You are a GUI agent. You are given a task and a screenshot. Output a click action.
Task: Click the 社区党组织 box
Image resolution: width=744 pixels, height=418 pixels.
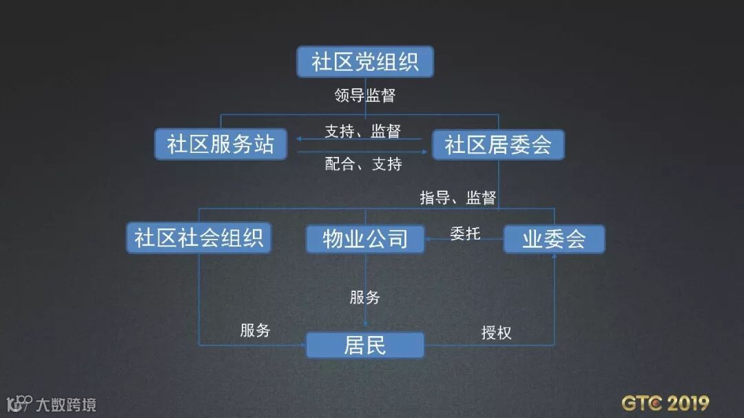[x=365, y=63]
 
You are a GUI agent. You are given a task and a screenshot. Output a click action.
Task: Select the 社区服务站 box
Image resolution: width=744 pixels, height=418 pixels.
[x=220, y=145]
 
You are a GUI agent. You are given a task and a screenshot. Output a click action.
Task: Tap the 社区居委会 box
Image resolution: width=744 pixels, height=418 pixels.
[x=497, y=145]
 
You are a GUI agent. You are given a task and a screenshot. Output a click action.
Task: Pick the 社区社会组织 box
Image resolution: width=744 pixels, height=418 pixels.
[x=199, y=238]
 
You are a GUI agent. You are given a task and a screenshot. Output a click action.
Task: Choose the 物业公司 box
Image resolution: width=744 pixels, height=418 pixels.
[x=365, y=239]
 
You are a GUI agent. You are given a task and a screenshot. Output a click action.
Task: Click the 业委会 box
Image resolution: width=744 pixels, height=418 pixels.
[x=554, y=239]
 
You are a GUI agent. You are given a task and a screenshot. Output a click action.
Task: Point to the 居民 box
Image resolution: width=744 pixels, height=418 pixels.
[x=365, y=345]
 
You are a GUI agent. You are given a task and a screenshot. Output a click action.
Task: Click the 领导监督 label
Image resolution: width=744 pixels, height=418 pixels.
[x=365, y=96]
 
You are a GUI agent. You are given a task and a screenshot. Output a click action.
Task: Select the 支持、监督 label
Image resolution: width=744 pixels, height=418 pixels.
[x=362, y=131]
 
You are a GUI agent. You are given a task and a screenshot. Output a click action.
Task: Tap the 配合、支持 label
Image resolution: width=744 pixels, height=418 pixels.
[x=363, y=164]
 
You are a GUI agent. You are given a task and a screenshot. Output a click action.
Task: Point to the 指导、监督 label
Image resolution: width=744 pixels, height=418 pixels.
[x=458, y=198]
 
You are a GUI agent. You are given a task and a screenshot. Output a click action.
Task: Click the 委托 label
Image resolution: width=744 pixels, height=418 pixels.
[x=465, y=233]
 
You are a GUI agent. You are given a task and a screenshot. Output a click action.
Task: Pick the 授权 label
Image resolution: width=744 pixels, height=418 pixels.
[x=496, y=333]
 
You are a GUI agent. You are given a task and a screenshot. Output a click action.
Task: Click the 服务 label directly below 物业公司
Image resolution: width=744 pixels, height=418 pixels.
[x=365, y=297]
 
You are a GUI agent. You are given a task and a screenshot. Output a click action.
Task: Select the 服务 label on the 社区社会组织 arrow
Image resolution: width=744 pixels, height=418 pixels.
[x=255, y=331]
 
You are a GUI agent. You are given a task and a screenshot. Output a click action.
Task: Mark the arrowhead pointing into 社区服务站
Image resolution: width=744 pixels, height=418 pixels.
[x=301, y=139]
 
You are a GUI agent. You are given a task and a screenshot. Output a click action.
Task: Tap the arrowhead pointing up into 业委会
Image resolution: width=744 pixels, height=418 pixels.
[x=554, y=256]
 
